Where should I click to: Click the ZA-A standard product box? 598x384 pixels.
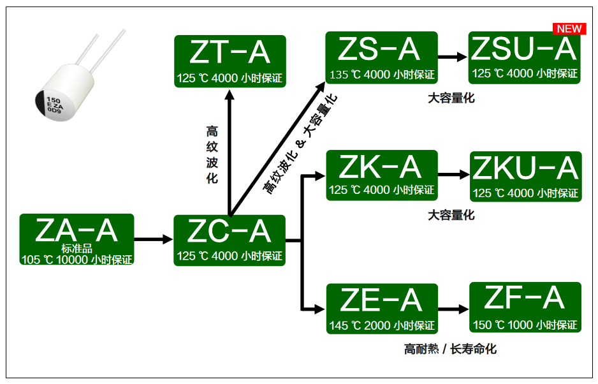click(77, 240)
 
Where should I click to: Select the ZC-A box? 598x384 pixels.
click(230, 240)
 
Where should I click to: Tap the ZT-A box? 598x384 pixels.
click(230, 61)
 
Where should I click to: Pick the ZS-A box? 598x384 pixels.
click(381, 57)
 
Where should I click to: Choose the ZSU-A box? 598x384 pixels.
click(525, 57)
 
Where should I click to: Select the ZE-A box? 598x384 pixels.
click(382, 308)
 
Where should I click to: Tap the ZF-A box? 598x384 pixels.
click(525, 307)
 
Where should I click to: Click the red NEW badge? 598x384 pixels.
click(569, 29)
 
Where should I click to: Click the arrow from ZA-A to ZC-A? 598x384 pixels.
click(154, 240)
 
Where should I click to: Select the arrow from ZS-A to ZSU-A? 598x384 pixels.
click(453, 57)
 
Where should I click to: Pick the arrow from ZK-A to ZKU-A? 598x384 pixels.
click(453, 174)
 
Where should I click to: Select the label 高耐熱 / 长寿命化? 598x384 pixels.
click(450, 349)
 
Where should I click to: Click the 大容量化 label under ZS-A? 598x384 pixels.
click(451, 98)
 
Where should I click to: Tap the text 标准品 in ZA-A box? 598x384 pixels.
click(77, 249)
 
